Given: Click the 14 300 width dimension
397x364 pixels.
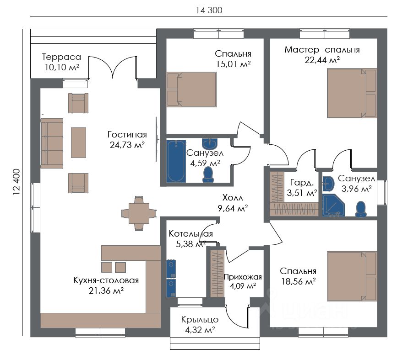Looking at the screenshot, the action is tap(209, 10).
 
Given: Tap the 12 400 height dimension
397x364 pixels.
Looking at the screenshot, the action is tap(16, 182).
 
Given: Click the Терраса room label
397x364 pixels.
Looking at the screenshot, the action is tap(61, 57).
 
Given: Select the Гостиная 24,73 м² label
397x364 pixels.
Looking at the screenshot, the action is tap(127, 140).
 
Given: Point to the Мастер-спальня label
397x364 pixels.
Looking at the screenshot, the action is tap(322, 49).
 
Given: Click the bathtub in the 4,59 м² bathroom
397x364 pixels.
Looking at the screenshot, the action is tap(176, 161).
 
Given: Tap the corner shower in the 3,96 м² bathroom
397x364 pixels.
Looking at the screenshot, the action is tap(333, 206).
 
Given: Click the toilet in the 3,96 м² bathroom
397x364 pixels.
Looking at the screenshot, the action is tap(361, 209).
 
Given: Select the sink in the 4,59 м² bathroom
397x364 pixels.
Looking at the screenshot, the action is tap(210, 144).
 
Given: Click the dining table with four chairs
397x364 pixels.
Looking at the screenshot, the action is tap(139, 213).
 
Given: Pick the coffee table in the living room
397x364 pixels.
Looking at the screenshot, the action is tap(78, 142).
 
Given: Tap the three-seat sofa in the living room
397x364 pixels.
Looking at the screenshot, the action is tap(52, 143).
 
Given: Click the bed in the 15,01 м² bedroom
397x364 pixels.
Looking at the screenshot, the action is tap(191, 90).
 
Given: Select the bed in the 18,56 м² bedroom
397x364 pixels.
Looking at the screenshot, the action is tap(352, 276).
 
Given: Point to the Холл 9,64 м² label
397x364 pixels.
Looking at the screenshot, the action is tap(233, 203).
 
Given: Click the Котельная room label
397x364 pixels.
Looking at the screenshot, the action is tap(190, 234).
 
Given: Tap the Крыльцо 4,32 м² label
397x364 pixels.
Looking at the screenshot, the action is tap(200, 325).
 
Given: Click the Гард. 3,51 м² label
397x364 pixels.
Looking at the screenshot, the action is tap(302, 187).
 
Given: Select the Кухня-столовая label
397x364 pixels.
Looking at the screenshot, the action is tap(106, 280).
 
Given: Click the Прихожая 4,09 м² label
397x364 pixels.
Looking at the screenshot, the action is tap(243, 281).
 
